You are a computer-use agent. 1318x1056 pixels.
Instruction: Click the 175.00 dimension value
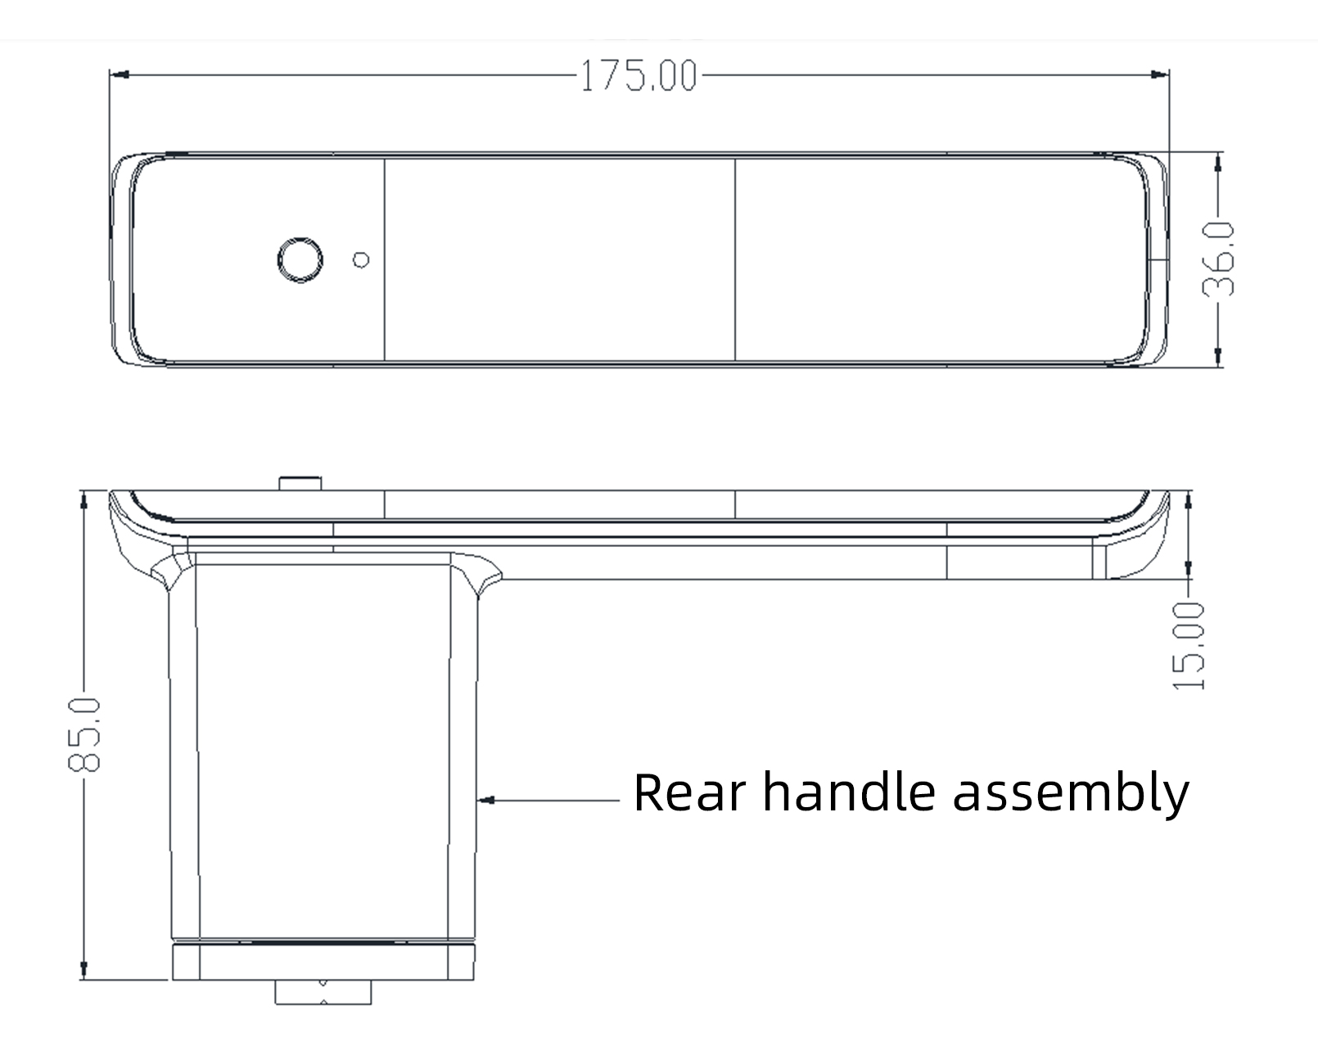(639, 76)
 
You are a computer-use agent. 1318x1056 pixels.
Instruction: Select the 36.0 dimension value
(1217, 259)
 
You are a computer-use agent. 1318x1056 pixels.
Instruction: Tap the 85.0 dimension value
(84, 734)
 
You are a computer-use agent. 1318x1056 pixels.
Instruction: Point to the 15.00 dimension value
(1188, 646)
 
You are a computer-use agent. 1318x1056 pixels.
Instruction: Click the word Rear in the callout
(689, 792)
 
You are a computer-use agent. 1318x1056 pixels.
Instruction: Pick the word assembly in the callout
(1071, 794)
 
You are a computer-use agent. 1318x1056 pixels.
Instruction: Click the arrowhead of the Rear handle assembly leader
(485, 800)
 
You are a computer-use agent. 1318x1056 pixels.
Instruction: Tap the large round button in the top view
(300, 259)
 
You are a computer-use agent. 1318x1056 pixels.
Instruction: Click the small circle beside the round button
(361, 260)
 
